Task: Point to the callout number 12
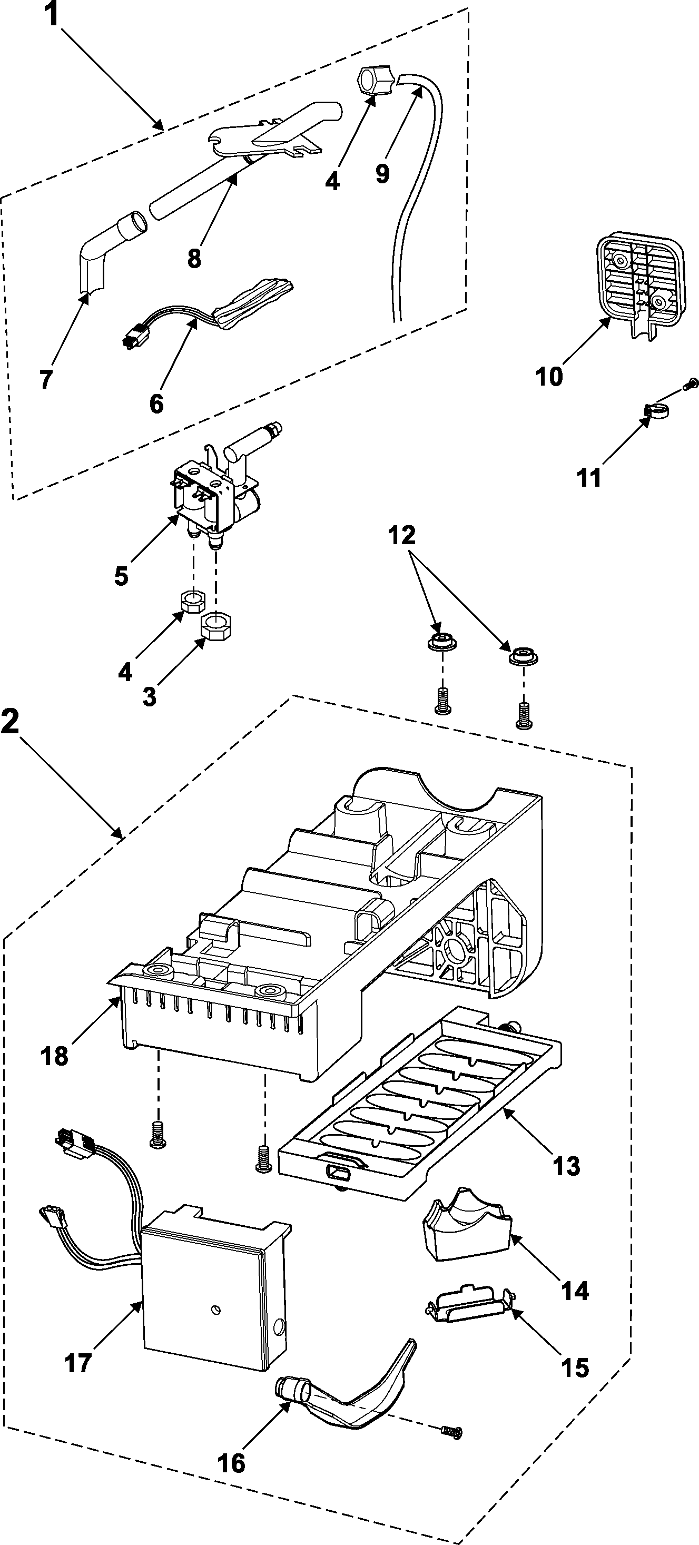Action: (401, 535)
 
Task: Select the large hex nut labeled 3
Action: (217, 627)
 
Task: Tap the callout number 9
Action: (382, 174)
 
